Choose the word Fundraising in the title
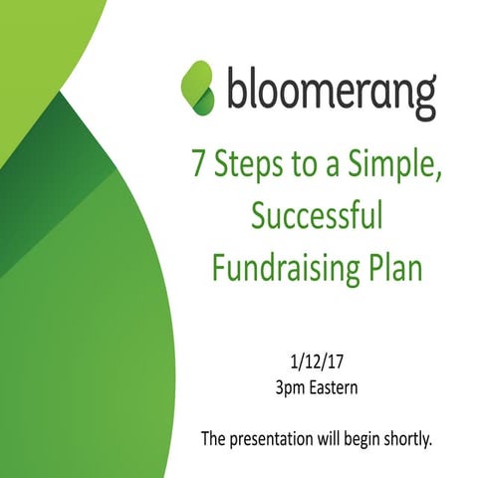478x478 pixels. click(x=287, y=265)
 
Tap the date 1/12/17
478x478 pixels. click(x=317, y=357)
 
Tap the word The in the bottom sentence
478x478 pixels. click(x=212, y=438)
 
